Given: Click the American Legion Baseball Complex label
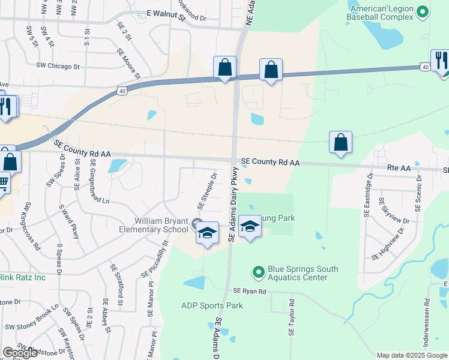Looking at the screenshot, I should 382,14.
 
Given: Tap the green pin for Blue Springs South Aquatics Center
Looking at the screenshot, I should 259,272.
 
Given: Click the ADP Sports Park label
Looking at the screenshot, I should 212,305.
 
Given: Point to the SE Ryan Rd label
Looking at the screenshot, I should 249,291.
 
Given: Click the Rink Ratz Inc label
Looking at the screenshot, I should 22,277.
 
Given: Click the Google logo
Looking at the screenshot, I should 20,353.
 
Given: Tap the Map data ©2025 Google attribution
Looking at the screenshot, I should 412,355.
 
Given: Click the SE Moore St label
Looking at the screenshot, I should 129,66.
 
